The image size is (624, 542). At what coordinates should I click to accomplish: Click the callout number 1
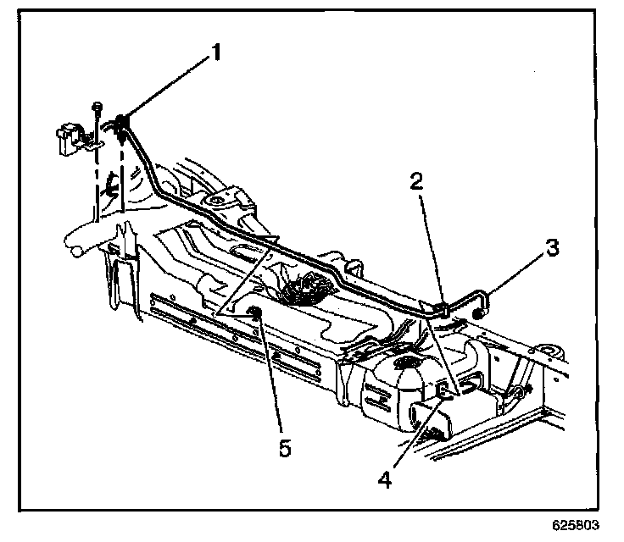pos(215,53)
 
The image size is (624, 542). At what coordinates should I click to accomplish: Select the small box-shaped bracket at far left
pos(68,136)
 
